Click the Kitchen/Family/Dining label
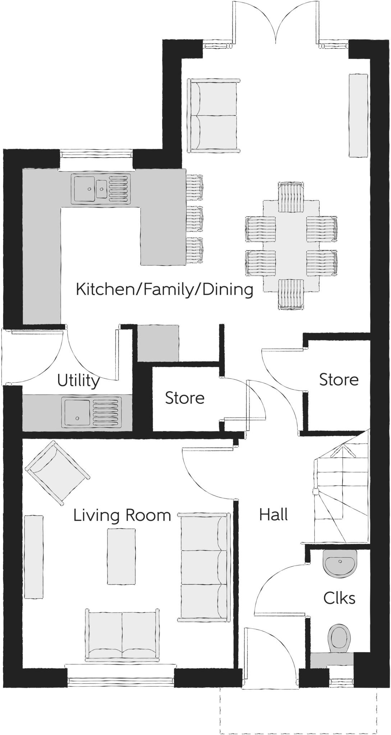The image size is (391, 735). coord(165,289)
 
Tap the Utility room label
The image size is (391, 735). coord(78,380)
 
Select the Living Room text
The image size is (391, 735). coord(122,515)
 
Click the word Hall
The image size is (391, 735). coord(273,515)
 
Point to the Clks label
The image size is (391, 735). coord(339,598)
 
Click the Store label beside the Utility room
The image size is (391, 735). coord(185,398)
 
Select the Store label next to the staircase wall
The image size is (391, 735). coord(339,380)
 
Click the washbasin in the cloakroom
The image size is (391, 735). coord(340,563)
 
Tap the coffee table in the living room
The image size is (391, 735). coord(121,556)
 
